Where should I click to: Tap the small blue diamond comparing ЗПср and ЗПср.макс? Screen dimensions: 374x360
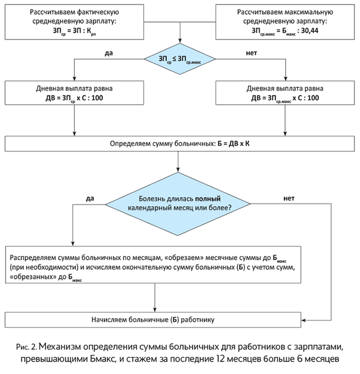click(179, 58)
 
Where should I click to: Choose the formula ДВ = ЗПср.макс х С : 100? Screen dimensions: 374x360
click(283, 97)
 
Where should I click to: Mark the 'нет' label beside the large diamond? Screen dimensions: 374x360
click(289, 198)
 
